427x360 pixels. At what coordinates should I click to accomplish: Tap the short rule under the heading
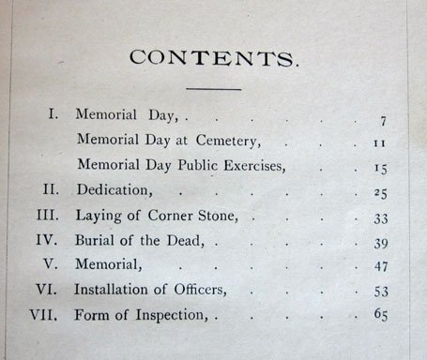click(x=215, y=89)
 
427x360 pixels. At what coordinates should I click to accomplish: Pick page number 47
click(x=379, y=266)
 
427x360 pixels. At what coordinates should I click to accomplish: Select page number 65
click(x=380, y=316)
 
